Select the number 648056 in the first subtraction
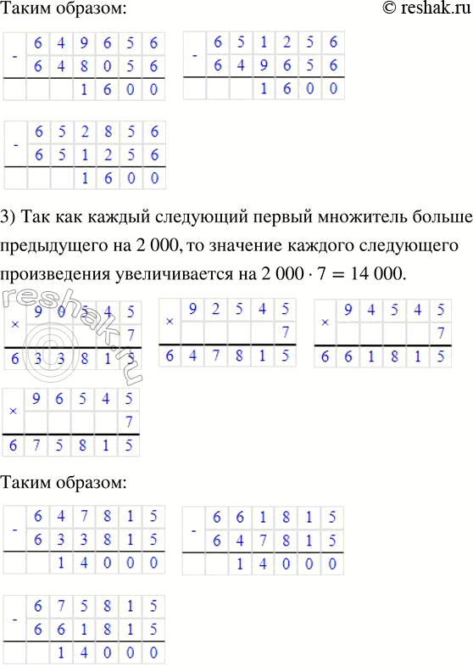(x=94, y=66)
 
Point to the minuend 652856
(x=94, y=133)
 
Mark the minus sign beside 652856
(x=14, y=145)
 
